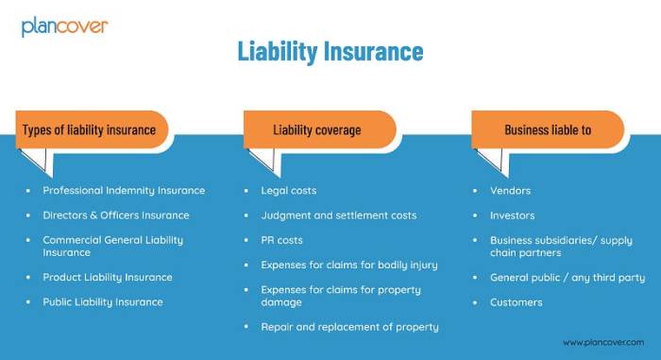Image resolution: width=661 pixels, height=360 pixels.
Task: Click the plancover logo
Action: (65, 26)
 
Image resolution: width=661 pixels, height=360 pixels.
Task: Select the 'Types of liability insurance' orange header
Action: (89, 129)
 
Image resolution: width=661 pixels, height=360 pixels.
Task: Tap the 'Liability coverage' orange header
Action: (317, 129)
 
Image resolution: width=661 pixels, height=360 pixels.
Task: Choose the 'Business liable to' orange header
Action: (548, 129)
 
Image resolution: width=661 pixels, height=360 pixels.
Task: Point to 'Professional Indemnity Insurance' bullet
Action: (124, 190)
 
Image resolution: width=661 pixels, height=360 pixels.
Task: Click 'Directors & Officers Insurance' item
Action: (116, 214)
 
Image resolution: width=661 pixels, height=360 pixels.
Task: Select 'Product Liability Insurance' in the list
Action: (108, 277)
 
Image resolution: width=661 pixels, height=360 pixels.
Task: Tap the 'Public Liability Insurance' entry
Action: (103, 301)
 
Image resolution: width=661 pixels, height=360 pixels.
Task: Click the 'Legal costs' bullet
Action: (289, 190)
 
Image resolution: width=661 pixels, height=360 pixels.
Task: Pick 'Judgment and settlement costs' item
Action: (338, 214)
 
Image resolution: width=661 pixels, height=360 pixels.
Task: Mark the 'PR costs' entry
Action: (281, 240)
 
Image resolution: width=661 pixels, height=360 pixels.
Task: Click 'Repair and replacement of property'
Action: (349, 326)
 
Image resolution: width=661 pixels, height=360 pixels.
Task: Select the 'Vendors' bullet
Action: (510, 190)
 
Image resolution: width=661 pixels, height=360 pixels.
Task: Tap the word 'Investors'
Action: (512, 214)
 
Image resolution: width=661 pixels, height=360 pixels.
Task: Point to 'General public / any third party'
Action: (568, 277)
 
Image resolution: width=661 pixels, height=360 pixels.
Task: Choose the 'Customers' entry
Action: (516, 301)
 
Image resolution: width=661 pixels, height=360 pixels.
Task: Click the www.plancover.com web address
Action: (603, 342)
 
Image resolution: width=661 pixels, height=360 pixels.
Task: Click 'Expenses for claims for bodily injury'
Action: (349, 265)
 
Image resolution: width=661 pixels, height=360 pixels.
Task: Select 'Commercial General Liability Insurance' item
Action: (112, 246)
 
